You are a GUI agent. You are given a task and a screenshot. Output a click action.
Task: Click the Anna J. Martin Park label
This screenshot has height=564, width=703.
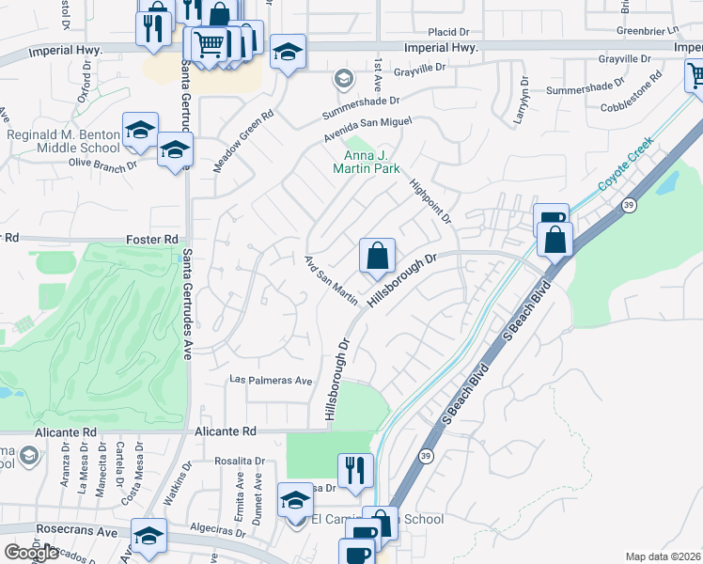click(367, 162)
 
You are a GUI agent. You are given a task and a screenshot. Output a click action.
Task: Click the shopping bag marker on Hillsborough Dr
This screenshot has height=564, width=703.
click(376, 255)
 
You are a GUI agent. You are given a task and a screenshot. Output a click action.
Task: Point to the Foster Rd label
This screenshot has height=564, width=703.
click(151, 240)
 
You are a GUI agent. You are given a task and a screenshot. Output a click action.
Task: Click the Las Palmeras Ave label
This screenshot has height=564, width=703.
click(272, 381)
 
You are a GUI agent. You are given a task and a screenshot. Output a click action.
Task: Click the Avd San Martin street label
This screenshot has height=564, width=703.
click(331, 279)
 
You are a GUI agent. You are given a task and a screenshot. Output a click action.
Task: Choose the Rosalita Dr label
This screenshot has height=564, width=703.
click(240, 461)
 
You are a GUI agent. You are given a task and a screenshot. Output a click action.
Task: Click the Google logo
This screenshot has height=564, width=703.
click(31, 553)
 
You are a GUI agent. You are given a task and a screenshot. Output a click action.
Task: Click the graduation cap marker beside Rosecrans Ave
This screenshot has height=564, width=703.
click(148, 536)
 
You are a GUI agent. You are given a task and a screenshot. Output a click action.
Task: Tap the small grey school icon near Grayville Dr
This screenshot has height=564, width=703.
click(343, 77)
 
